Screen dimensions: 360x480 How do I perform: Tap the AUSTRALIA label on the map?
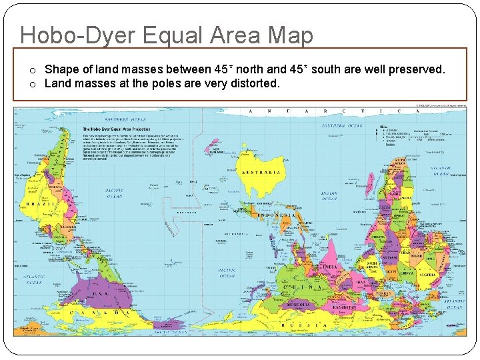[x=261, y=172]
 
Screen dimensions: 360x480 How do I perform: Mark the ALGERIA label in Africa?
[x=427, y=274]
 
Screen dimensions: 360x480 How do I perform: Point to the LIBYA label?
[x=406, y=273]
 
